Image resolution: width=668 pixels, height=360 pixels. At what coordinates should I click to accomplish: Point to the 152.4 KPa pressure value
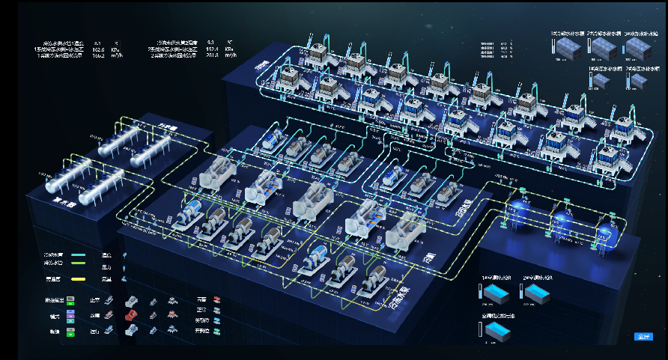211,49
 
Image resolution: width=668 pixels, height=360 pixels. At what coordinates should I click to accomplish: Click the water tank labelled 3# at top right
638,48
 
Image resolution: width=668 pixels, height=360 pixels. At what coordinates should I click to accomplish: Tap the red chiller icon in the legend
133,314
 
